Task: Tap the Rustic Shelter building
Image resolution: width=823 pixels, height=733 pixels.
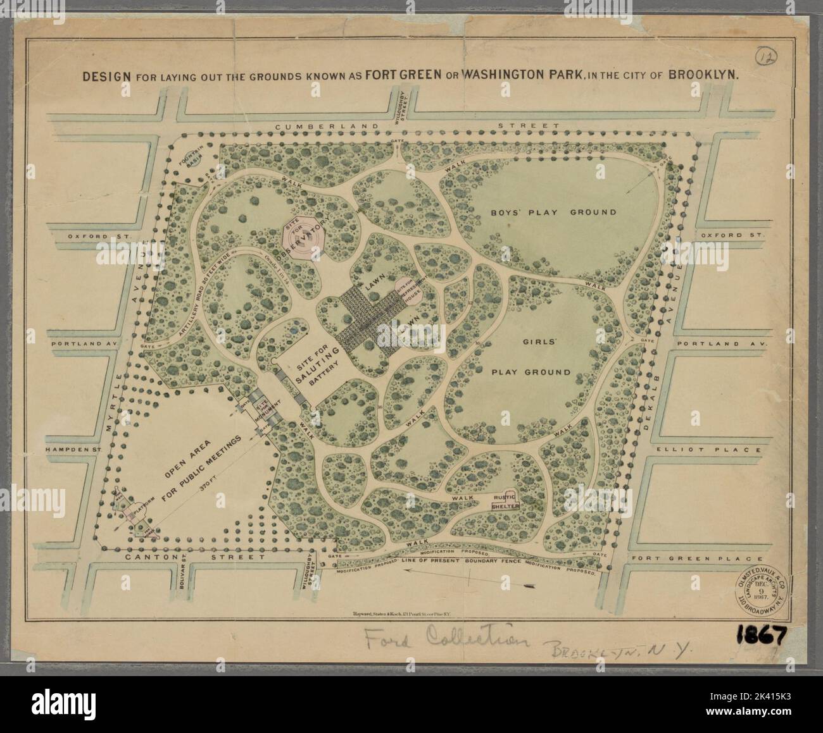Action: [506, 502]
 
